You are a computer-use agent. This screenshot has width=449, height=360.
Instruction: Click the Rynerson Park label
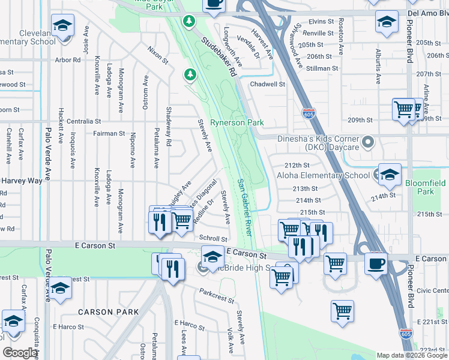(237, 122)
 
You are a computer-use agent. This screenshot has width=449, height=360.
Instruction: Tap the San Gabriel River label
(246, 206)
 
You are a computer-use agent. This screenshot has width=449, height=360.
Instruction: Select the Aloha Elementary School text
(323, 175)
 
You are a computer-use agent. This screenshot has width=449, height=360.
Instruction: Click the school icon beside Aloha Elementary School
(390, 174)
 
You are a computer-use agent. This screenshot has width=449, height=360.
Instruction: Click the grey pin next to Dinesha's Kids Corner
(369, 143)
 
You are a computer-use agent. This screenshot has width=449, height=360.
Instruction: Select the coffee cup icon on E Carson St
(376, 263)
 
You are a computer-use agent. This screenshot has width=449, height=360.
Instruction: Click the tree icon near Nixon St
(190, 74)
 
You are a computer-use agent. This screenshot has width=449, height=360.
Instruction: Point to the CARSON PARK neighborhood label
(108, 312)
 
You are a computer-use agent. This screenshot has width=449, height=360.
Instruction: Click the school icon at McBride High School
(212, 257)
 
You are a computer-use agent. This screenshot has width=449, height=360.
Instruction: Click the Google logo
(20, 353)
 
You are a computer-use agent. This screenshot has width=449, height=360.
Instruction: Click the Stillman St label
(319, 68)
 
